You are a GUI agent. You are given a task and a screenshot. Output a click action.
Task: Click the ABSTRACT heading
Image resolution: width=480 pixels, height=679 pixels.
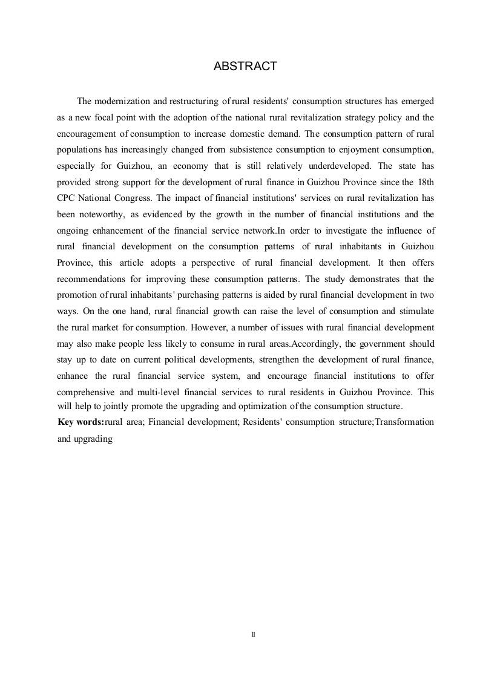pyautogui.click(x=245, y=67)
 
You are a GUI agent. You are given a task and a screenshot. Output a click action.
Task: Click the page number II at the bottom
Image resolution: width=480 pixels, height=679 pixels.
pyautogui.click(x=253, y=635)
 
